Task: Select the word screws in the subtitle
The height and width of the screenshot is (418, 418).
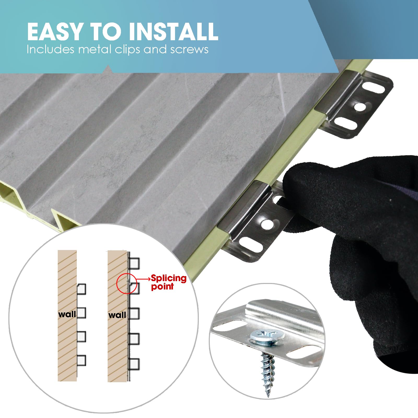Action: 189,50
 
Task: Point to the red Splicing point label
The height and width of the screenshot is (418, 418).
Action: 169,282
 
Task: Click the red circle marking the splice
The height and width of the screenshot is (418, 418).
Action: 117,283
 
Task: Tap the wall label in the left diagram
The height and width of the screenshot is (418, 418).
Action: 67,314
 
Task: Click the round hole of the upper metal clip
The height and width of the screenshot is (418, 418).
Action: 360,107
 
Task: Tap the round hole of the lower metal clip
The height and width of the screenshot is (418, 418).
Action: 266,223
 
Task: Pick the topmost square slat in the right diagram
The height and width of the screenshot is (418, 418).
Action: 134,263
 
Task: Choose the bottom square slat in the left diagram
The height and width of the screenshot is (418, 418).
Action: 81,360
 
